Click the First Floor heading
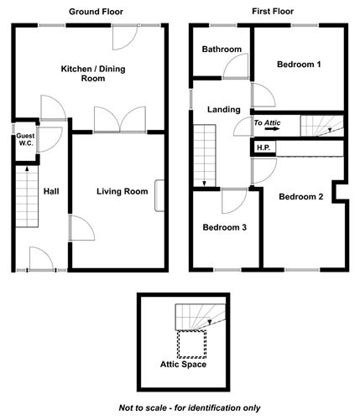click(x=271, y=12)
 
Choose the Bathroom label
click(x=222, y=49)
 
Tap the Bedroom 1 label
click(x=299, y=64)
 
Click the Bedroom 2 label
click(x=300, y=197)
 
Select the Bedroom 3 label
click(x=224, y=227)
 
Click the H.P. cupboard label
click(x=263, y=148)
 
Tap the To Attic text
click(x=269, y=123)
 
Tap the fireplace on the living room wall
click(x=159, y=194)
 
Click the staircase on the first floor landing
click(x=205, y=155)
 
